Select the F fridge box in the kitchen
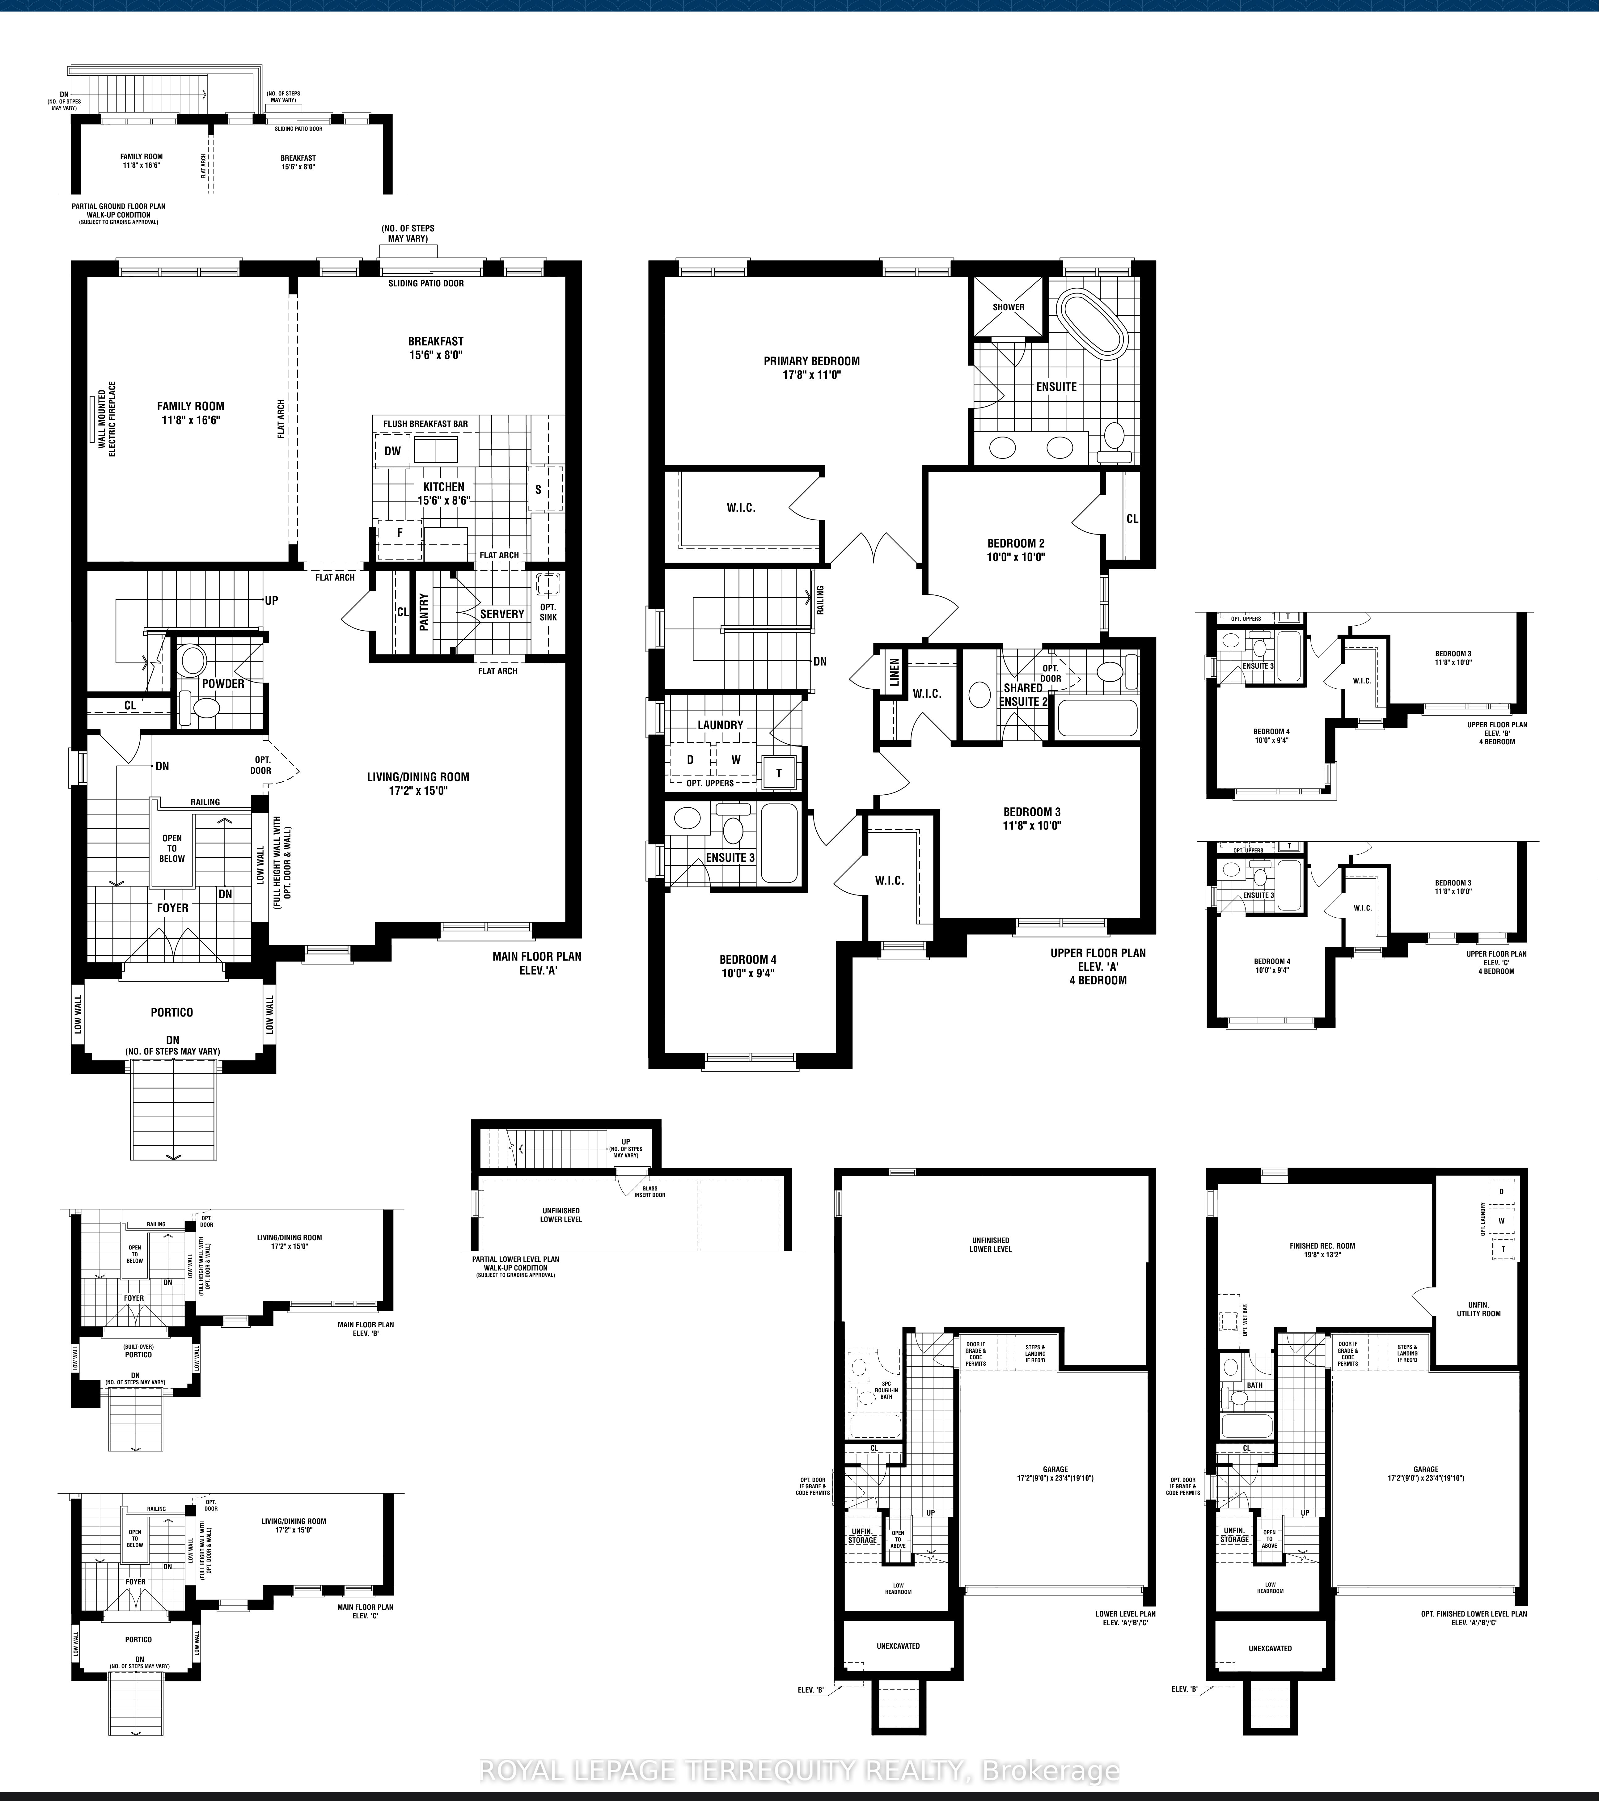tap(399, 533)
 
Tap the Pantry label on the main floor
tap(424, 611)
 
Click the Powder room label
tap(223, 684)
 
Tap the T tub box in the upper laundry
tap(779, 774)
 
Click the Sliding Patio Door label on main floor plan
tap(426, 283)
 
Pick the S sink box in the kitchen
tap(538, 490)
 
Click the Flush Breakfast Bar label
tap(425, 424)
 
